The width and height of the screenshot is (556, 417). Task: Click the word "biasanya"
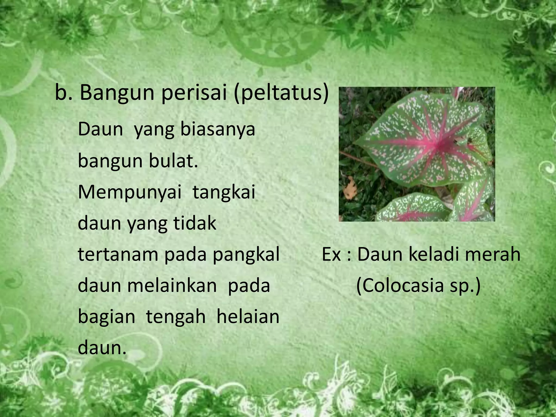(x=218, y=130)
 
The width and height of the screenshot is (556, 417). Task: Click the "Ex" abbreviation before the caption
(x=331, y=254)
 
